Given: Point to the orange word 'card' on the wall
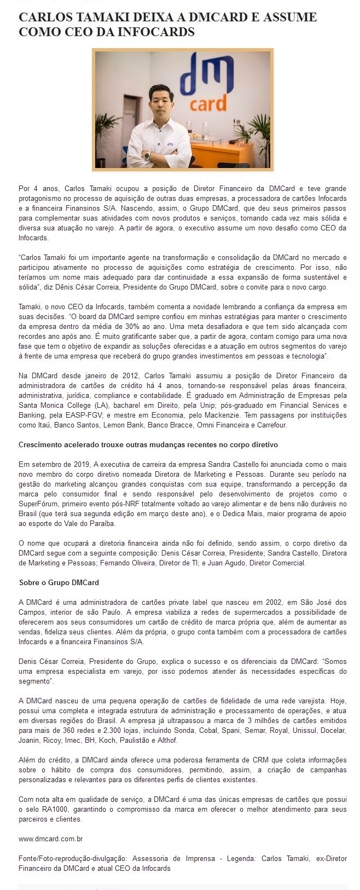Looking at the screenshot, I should pos(207,103).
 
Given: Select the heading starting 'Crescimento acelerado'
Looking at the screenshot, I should pos(148,444).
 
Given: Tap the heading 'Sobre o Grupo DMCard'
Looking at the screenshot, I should pos(59,582).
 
